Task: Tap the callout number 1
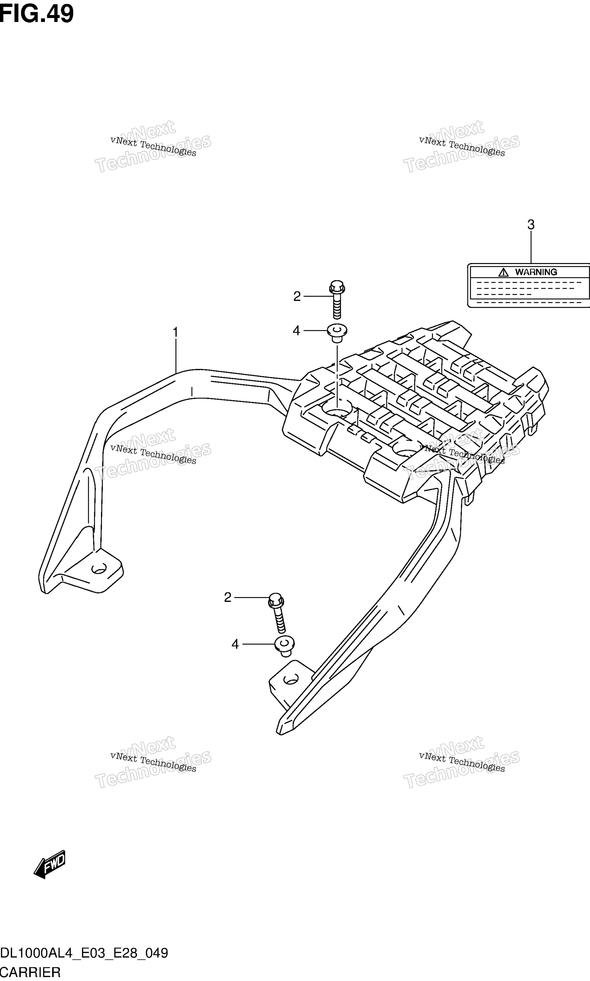[x=175, y=332]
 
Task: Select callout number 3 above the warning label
[x=531, y=225]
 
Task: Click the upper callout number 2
[x=297, y=296]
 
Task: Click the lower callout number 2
[x=227, y=597]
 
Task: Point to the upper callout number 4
[x=296, y=331]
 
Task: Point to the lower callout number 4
[x=235, y=644]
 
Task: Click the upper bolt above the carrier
[x=337, y=299]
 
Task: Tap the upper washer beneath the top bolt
[x=337, y=332]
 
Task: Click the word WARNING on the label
[x=536, y=272]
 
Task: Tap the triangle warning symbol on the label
[x=503, y=272]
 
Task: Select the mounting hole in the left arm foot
[x=99, y=569]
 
